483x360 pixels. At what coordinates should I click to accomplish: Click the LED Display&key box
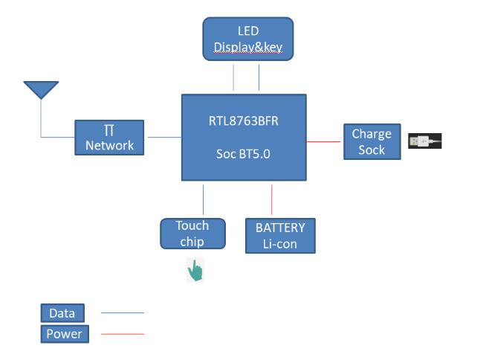pyautogui.click(x=248, y=39)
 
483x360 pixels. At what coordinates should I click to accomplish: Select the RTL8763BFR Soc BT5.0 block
pyautogui.click(x=244, y=137)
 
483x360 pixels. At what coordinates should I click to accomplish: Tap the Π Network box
pyautogui.click(x=109, y=138)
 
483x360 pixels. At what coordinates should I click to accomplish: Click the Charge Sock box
pyautogui.click(x=372, y=141)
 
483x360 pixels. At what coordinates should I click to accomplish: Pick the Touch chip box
pyautogui.click(x=192, y=234)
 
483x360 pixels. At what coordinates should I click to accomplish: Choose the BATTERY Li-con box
pyautogui.click(x=280, y=235)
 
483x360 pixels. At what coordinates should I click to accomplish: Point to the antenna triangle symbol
pyautogui.click(x=41, y=89)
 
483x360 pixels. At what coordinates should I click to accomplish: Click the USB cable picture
pyautogui.click(x=424, y=141)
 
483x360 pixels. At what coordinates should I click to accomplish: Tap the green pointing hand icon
pyautogui.click(x=195, y=271)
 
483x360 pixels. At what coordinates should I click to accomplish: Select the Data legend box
pyautogui.click(x=62, y=313)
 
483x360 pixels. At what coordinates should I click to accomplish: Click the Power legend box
pyautogui.click(x=64, y=334)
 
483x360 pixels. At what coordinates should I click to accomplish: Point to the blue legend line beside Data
pyautogui.click(x=122, y=313)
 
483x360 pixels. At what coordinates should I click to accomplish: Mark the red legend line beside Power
pyautogui.click(x=122, y=334)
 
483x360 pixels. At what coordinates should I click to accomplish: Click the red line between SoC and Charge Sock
pyautogui.click(x=325, y=141)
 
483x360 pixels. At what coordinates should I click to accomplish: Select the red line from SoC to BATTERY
pyautogui.click(x=272, y=199)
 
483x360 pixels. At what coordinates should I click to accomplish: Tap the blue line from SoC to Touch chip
pyautogui.click(x=203, y=199)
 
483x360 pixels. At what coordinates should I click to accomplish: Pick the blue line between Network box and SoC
pyautogui.click(x=163, y=137)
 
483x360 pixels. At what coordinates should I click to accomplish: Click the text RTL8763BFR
pyautogui.click(x=244, y=121)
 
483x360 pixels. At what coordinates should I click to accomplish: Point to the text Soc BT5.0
pyautogui.click(x=244, y=155)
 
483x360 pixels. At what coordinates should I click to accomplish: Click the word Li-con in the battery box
pyautogui.click(x=280, y=243)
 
